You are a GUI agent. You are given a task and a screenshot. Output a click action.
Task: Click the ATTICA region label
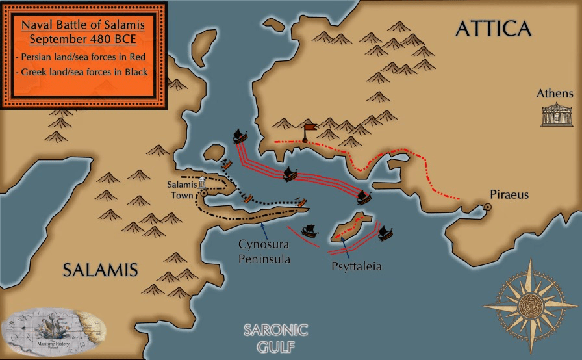(493, 29)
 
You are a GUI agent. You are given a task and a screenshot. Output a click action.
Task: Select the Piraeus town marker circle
(487, 207)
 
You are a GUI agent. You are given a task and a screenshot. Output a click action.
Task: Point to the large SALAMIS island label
(101, 269)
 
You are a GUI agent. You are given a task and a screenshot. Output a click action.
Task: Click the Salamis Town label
(181, 189)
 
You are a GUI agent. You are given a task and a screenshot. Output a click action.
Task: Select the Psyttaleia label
(355, 266)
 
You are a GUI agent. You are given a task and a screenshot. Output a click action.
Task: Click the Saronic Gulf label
(275, 337)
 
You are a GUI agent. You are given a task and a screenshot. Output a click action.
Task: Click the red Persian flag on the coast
(309, 128)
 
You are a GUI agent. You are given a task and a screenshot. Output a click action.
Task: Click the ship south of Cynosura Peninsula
(311, 229)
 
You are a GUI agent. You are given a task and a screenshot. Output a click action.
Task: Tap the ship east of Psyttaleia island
(385, 233)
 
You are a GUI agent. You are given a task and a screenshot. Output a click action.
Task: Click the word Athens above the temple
(555, 94)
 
